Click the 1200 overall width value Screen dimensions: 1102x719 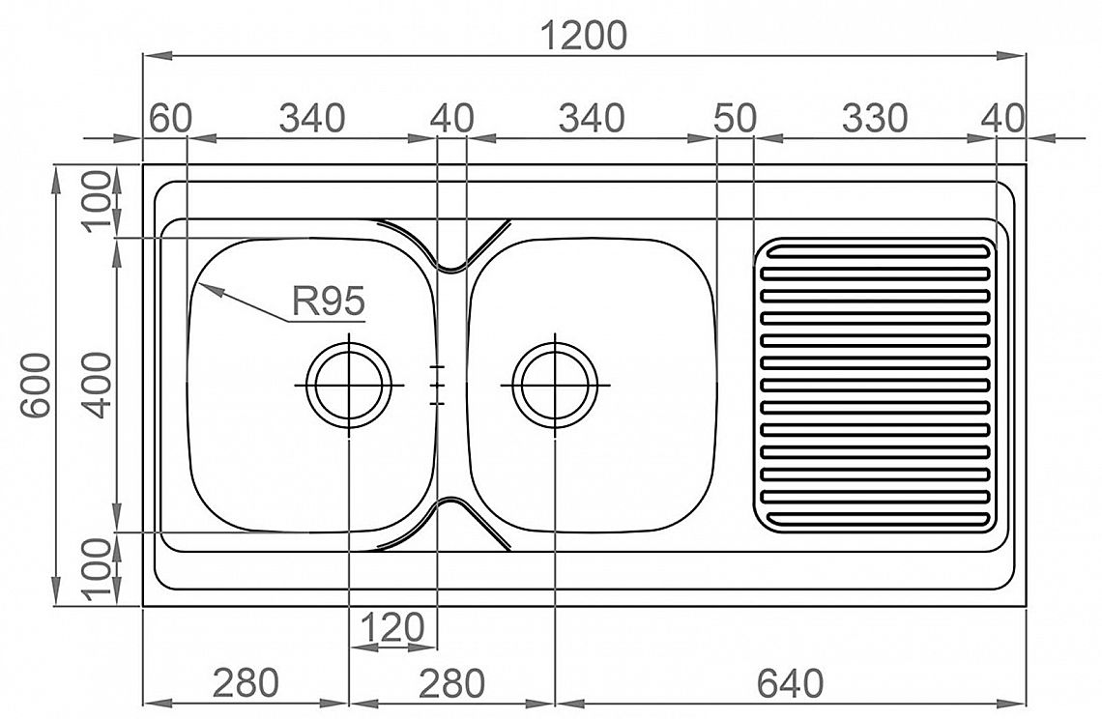coord(584,36)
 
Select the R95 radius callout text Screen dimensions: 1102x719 coord(329,302)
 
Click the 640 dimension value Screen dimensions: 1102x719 coord(791,682)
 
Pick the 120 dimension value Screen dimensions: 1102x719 coord(392,627)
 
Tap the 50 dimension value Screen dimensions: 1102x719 coord(735,118)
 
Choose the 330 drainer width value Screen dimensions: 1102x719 coord(875,118)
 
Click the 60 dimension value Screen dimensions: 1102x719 coord(171,118)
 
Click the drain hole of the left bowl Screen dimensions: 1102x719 coord(349,385)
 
